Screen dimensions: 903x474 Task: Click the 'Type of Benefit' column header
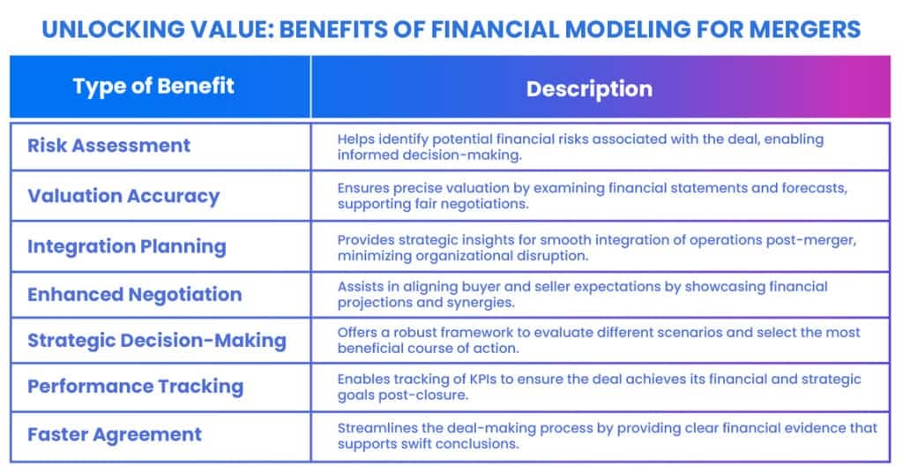pyautogui.click(x=153, y=87)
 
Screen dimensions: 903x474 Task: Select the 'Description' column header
pyautogui.click(x=589, y=89)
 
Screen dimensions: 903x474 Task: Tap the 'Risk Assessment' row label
pyautogui.click(x=108, y=146)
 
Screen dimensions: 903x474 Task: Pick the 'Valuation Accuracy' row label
pyautogui.click(x=123, y=196)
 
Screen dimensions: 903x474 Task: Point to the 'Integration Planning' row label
pyautogui.click(x=127, y=247)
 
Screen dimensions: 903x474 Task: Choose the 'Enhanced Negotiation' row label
pyautogui.click(x=135, y=295)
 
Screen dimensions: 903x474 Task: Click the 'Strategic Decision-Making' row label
pyautogui.click(x=157, y=340)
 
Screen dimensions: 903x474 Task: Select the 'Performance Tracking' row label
pyautogui.click(x=135, y=387)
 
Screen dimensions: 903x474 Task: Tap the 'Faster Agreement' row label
pyautogui.click(x=115, y=434)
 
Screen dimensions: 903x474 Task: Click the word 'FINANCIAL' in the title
pyautogui.click(x=496, y=29)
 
